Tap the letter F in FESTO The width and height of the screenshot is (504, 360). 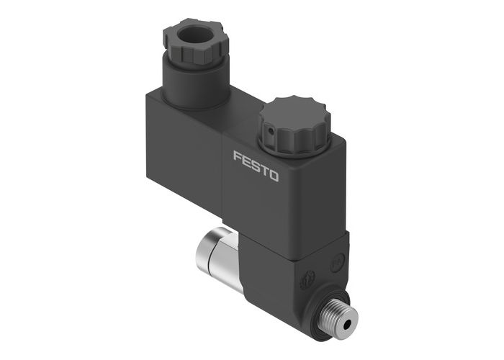pyautogui.click(x=237, y=156)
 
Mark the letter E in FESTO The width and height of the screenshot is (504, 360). pyautogui.click(x=246, y=161)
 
